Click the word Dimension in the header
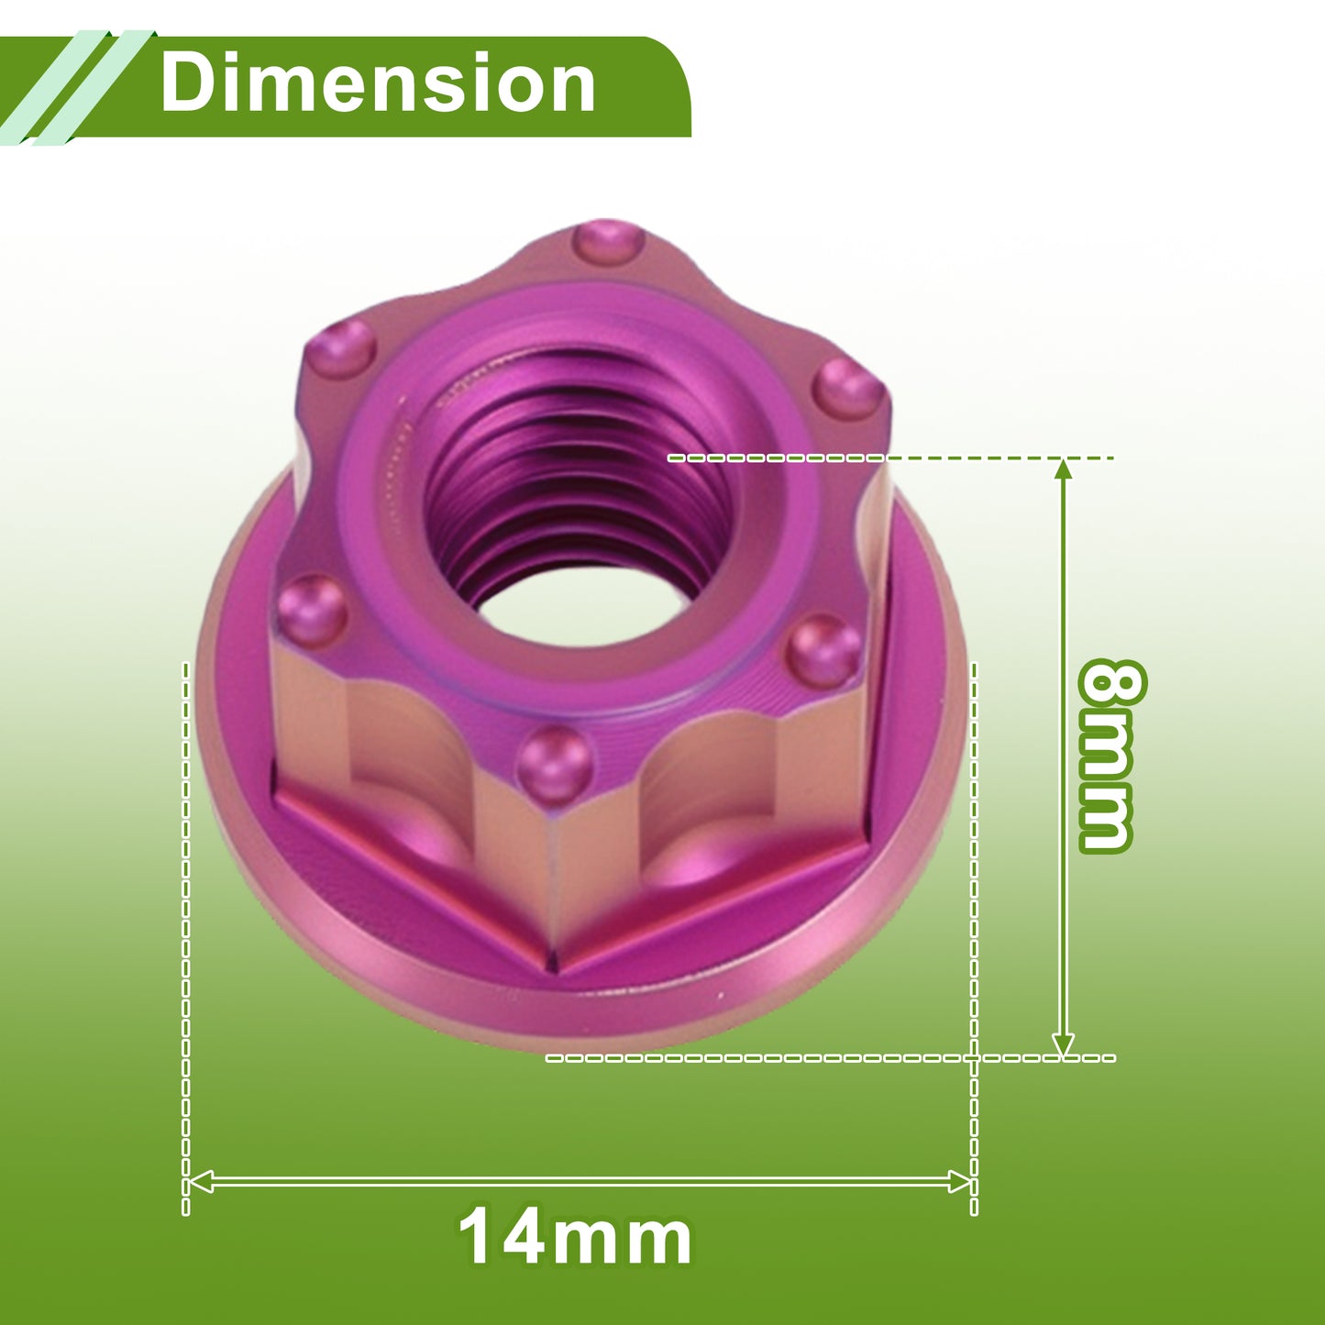click(378, 83)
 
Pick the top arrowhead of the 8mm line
click(1064, 469)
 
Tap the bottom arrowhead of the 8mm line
click(1064, 1046)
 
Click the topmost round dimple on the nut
click(609, 243)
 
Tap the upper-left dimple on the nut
click(340, 349)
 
